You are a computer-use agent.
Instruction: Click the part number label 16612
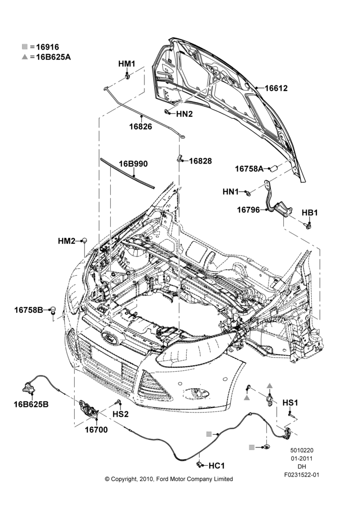point(276,88)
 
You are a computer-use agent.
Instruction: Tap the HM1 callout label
point(127,64)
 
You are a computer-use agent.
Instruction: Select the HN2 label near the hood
point(184,114)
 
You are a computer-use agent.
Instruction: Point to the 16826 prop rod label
point(140,126)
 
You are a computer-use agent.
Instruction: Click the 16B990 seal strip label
point(133,164)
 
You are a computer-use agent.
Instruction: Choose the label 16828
point(200,161)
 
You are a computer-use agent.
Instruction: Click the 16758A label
point(249,169)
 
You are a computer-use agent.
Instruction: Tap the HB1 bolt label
point(310,213)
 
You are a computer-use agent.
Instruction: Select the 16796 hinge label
point(248,210)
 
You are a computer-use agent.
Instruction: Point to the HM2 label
point(67,241)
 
